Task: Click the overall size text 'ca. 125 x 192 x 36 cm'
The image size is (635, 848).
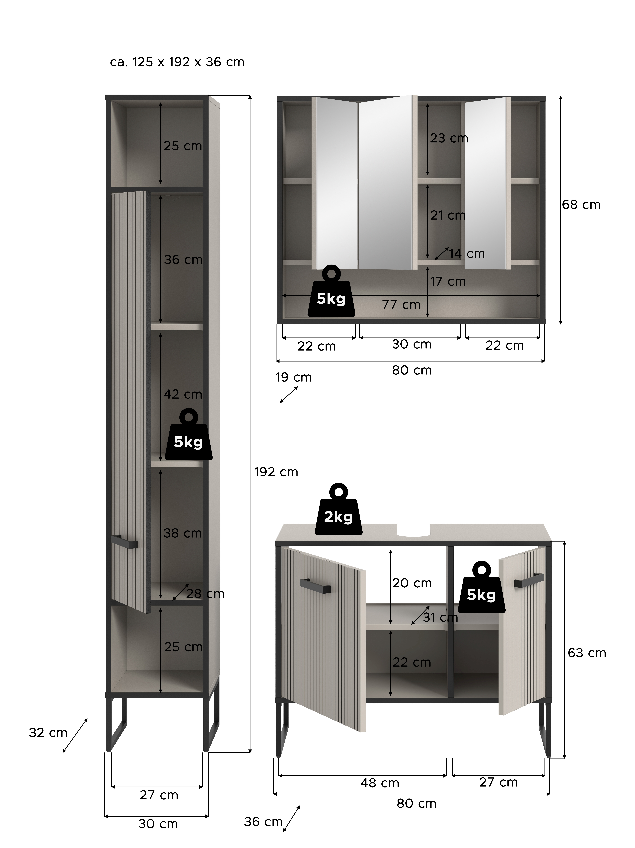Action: [x=177, y=62]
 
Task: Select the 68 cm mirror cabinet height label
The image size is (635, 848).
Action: [x=581, y=205]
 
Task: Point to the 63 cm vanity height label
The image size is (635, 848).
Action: [x=587, y=653]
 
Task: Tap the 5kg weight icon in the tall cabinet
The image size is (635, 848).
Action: [x=189, y=434]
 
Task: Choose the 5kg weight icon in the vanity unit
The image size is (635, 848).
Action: [x=481, y=587]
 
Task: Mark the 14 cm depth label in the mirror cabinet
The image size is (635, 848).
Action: [x=467, y=254]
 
